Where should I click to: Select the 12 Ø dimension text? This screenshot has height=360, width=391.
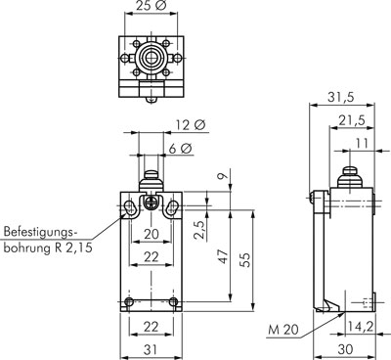tap(191, 125)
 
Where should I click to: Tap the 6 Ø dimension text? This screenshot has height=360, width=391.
tap(180, 149)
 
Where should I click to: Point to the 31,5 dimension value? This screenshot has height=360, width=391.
tap(341, 98)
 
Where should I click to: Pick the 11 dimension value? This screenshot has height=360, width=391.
tap(362, 143)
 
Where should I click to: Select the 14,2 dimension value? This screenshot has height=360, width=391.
tap(361, 327)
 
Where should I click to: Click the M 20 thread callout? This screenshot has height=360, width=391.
tap(283, 330)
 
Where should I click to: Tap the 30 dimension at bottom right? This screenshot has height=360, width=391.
tap(345, 349)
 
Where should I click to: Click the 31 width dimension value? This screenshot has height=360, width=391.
tap(151, 349)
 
